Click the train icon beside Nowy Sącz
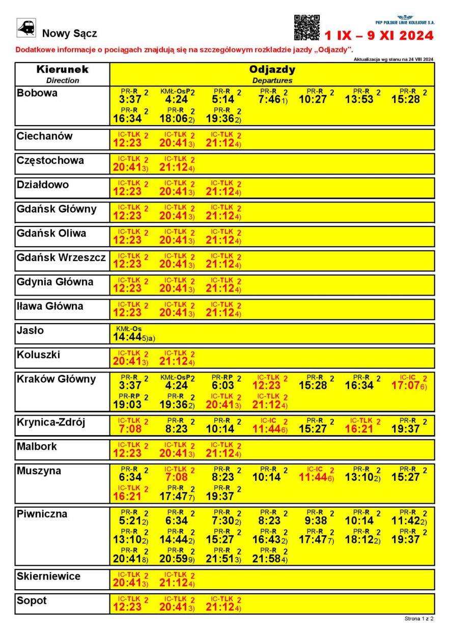tap(26, 28)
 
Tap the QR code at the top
tap(307, 27)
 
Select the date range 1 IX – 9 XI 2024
tap(379, 36)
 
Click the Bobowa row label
tap(37, 93)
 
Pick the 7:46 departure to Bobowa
tap(270, 99)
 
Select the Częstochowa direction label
tap(50, 161)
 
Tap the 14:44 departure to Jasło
tap(127, 337)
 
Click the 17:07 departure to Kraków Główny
tap(407, 386)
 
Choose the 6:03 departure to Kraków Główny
tap(223, 386)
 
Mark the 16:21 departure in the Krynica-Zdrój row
tap(363, 429)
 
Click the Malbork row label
tap(37, 447)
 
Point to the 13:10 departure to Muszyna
tap(360, 477)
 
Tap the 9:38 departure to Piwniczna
tap(316, 521)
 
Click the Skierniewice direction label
tap(49, 576)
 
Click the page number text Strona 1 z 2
tap(419, 619)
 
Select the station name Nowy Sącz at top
tap(69, 34)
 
